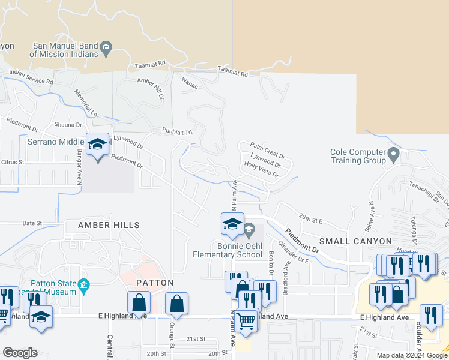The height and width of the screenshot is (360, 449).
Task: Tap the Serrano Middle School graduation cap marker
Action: (98, 145)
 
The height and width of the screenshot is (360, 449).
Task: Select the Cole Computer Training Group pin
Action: (393, 156)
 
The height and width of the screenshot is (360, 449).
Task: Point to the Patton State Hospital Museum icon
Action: (83, 286)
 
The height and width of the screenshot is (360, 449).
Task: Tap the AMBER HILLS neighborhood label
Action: (109, 225)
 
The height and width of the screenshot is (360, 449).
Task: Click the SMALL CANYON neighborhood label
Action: (355, 241)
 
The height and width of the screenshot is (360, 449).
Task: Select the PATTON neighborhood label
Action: (154, 282)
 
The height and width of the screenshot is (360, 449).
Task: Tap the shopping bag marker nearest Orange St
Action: (177, 305)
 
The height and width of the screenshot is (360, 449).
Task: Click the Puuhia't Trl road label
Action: (176, 131)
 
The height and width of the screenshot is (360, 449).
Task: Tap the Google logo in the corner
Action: (20, 352)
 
